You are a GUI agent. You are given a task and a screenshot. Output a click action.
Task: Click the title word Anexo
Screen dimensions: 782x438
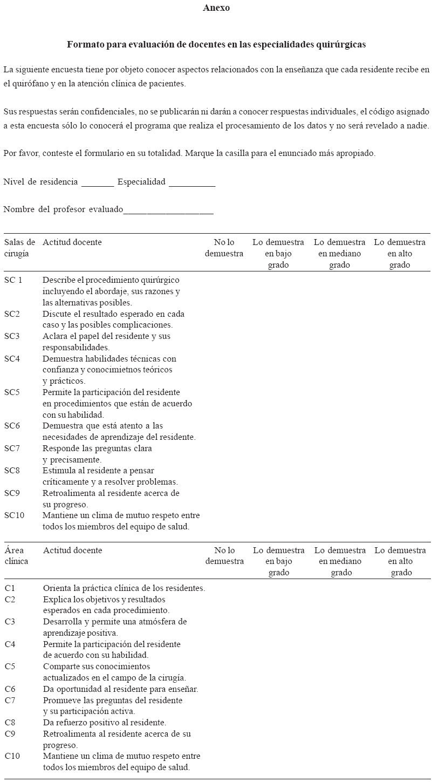point(216,8)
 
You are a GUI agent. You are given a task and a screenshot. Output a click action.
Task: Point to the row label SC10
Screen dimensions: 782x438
point(14,515)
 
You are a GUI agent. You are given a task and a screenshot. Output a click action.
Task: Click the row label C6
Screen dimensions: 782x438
point(10,689)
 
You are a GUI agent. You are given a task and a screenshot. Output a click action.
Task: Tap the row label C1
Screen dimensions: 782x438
point(10,588)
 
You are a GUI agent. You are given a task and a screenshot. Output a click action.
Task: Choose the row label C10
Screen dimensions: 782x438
point(12,756)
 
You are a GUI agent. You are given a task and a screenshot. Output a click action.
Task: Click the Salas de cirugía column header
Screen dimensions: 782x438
point(19,248)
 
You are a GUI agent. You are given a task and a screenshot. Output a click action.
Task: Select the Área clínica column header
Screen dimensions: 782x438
point(17,556)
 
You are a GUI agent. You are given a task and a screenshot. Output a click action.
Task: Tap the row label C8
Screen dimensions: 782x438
point(10,723)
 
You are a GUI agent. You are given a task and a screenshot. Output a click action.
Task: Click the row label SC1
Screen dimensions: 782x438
point(13,280)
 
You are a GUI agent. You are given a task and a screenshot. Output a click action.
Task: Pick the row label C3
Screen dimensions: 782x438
point(10,622)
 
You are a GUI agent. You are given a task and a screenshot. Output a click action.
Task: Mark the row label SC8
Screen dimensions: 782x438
point(12,471)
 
